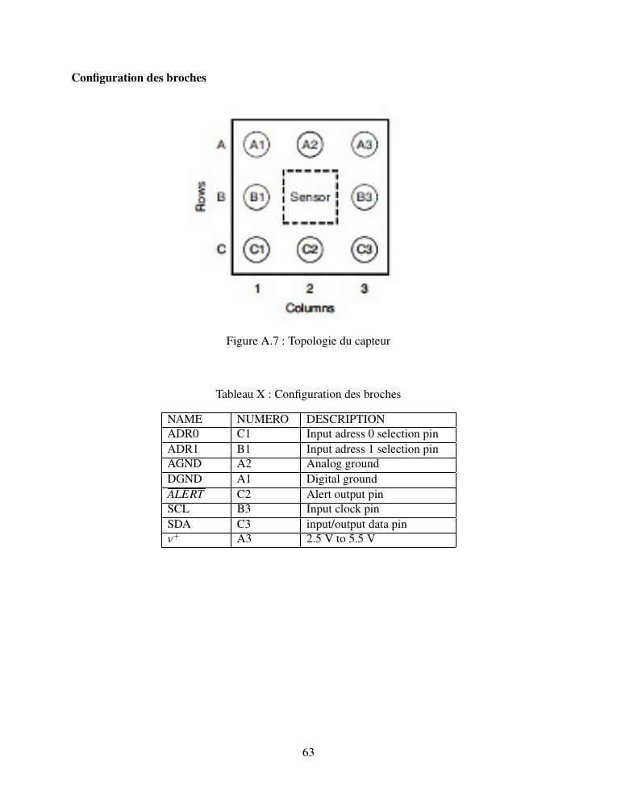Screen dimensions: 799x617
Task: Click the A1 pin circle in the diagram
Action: [x=257, y=144]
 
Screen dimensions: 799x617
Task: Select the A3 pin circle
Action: [x=365, y=144]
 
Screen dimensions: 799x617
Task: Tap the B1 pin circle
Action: [x=257, y=196]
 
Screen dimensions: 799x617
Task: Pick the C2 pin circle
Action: [x=310, y=249]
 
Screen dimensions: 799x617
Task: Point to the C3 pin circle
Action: [x=365, y=249]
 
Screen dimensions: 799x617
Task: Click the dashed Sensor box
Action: [x=310, y=197]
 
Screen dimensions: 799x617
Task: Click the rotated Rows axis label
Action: [x=201, y=196]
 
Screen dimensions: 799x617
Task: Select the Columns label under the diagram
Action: [x=310, y=308]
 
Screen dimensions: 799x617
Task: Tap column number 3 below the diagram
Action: [x=365, y=288]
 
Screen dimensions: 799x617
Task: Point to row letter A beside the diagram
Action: [x=220, y=144]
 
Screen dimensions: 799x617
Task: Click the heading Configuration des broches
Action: [x=139, y=77]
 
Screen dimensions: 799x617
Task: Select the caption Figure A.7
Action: [x=308, y=341]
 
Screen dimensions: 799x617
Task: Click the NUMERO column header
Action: [x=262, y=420]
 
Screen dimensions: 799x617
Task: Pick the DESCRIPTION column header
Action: [x=345, y=420]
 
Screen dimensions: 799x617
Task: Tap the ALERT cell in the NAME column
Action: [x=186, y=495]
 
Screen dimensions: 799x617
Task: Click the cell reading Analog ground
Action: [x=342, y=464]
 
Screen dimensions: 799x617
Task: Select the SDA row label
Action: [x=178, y=524]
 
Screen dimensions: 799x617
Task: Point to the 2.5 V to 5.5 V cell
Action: [x=340, y=539]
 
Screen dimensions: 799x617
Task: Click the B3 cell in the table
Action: [x=244, y=509]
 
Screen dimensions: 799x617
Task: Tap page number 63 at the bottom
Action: [x=308, y=752]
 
